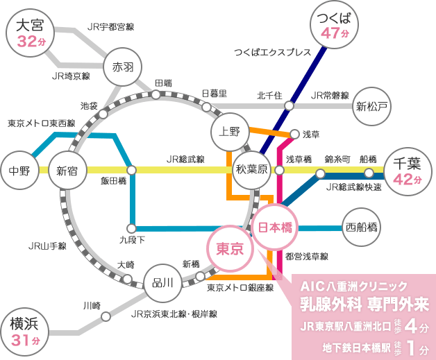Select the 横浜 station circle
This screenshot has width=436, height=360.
click(x=24, y=332)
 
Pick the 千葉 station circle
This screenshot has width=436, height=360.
click(x=408, y=169)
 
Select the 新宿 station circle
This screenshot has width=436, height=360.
click(x=67, y=170)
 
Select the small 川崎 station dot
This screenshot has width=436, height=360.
click(x=106, y=316)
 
